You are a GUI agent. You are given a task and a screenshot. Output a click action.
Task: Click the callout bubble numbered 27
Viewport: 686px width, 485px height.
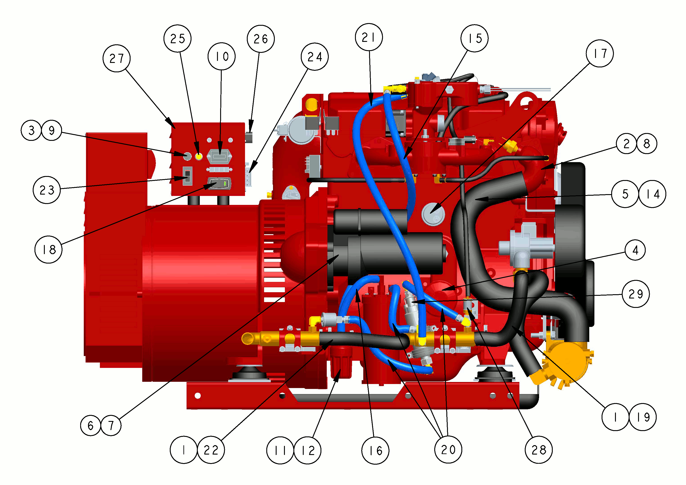(116, 58)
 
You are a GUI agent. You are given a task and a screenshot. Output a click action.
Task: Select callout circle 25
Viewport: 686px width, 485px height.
(177, 39)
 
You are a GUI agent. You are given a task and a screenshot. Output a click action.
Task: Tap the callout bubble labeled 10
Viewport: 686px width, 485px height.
(221, 56)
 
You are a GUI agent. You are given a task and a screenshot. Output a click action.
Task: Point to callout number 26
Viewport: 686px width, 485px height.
(261, 39)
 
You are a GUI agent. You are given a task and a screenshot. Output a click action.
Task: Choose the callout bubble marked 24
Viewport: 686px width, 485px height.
(315, 56)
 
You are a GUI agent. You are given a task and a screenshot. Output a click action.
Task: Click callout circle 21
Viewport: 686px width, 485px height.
(369, 37)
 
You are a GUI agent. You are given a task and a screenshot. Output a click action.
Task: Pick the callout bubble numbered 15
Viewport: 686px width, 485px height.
(474, 38)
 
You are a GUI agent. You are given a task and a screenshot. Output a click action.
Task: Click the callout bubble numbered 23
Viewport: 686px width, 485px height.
(47, 190)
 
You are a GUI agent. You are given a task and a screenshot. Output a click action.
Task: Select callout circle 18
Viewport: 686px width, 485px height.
(48, 249)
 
